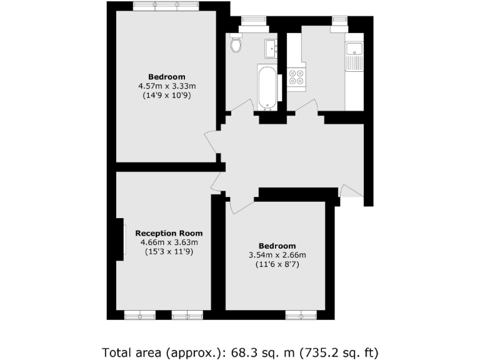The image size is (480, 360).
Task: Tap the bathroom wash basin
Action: pos(271,46)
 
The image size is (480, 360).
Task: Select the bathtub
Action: pos(266,86)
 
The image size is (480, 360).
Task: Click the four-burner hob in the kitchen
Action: pos(296,76)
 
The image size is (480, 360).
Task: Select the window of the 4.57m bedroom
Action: pos(166,6)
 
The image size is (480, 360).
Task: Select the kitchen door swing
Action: pos(306,112)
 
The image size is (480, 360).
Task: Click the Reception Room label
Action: pos(169,233)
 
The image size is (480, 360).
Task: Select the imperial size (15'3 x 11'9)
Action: pos(169,252)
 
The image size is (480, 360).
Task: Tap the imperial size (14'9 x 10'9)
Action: pos(166,97)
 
